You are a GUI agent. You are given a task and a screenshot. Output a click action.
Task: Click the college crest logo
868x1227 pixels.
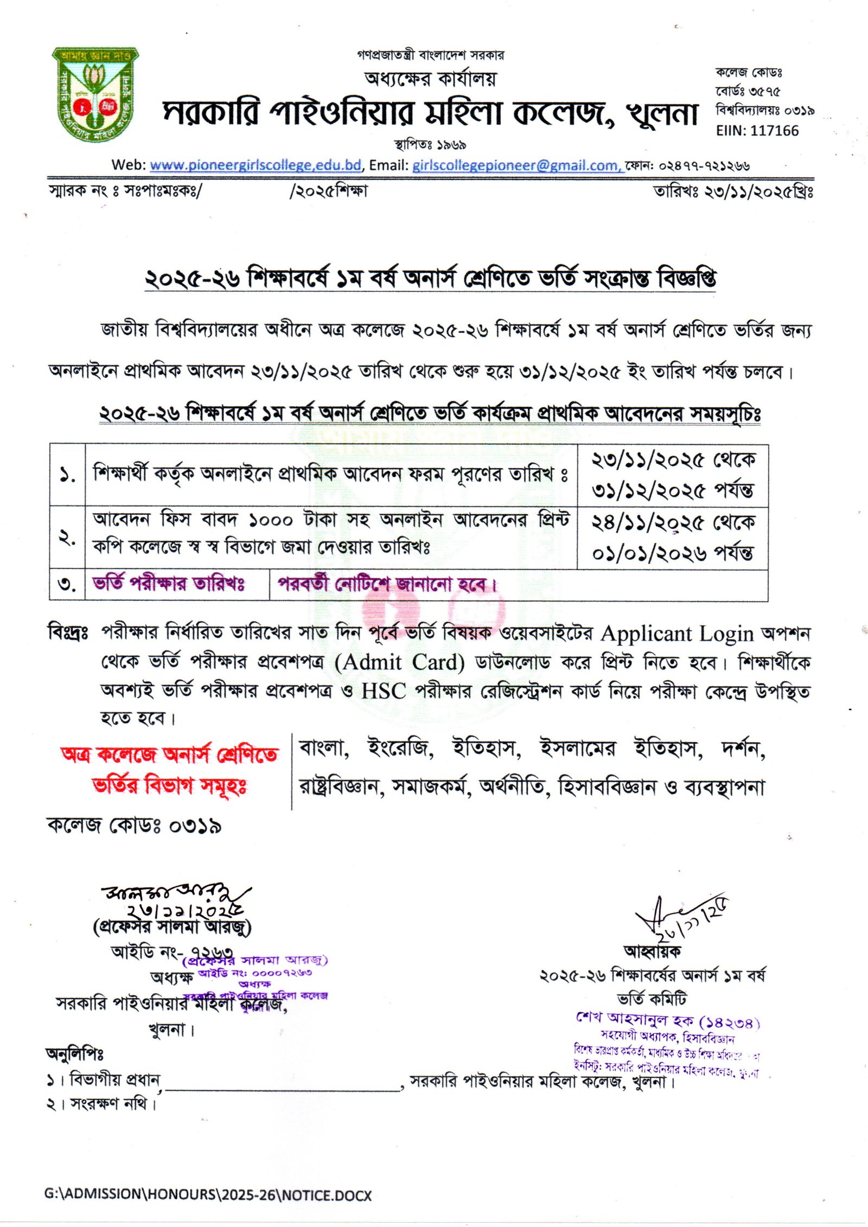(x=95, y=95)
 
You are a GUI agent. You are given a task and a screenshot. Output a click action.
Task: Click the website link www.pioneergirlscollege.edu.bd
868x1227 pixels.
(x=256, y=165)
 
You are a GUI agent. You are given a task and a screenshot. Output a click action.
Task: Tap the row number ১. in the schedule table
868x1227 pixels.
(x=67, y=476)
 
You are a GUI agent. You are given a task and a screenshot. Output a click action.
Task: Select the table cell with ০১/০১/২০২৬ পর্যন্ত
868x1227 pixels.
(x=672, y=554)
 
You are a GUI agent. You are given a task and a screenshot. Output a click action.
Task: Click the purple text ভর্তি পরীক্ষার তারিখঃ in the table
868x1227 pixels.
(x=169, y=584)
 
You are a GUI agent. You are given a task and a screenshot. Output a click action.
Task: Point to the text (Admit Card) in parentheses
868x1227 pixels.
(x=400, y=662)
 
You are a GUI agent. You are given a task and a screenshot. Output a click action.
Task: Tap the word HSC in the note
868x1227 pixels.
(x=384, y=691)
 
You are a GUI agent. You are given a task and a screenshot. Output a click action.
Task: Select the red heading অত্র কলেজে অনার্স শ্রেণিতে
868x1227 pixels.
(x=170, y=755)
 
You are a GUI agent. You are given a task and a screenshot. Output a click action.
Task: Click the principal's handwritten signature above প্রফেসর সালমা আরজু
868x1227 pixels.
(x=174, y=897)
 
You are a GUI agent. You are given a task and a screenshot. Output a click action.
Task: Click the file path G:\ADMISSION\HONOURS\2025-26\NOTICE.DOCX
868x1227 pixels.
(x=208, y=1194)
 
